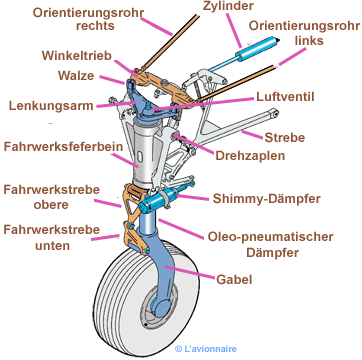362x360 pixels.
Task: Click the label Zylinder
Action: [229, 6]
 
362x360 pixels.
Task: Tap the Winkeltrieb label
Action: [77, 56]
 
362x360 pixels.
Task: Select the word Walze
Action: [76, 76]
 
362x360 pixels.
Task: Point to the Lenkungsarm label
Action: [51, 106]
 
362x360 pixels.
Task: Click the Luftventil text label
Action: [285, 97]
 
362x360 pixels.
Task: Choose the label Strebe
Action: [285, 137]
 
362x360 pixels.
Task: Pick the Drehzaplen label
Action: [250, 156]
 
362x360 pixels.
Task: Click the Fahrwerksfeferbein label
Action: [63, 147]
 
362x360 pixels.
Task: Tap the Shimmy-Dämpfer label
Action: [267, 199]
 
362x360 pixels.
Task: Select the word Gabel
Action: [234, 279]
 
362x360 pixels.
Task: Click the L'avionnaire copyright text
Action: [206, 349]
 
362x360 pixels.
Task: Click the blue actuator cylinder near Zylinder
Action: [257, 47]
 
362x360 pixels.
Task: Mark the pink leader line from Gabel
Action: [190, 272]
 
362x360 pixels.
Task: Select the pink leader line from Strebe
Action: [252, 135]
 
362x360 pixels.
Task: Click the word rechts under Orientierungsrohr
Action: [95, 26]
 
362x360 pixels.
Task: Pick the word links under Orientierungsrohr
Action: [309, 40]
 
